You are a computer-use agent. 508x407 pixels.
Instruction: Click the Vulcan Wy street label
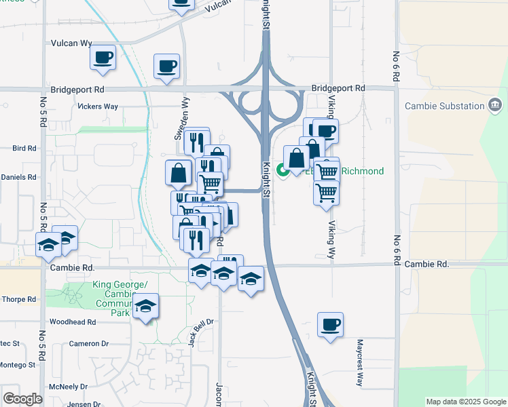(x=71, y=43)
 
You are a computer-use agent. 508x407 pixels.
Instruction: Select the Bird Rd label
(x=23, y=148)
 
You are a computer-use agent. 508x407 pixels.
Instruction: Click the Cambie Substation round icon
(x=495, y=105)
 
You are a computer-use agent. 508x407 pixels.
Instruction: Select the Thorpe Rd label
(x=18, y=299)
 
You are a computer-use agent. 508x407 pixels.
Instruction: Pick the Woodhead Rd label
(x=71, y=322)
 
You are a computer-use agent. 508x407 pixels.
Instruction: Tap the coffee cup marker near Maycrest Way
(x=330, y=325)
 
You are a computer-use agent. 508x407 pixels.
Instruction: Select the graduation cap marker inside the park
(x=145, y=307)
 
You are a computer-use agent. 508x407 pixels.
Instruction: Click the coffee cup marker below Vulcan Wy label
(x=103, y=57)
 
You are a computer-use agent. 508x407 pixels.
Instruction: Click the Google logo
(x=22, y=399)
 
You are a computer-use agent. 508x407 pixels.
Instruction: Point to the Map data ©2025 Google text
(x=465, y=402)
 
